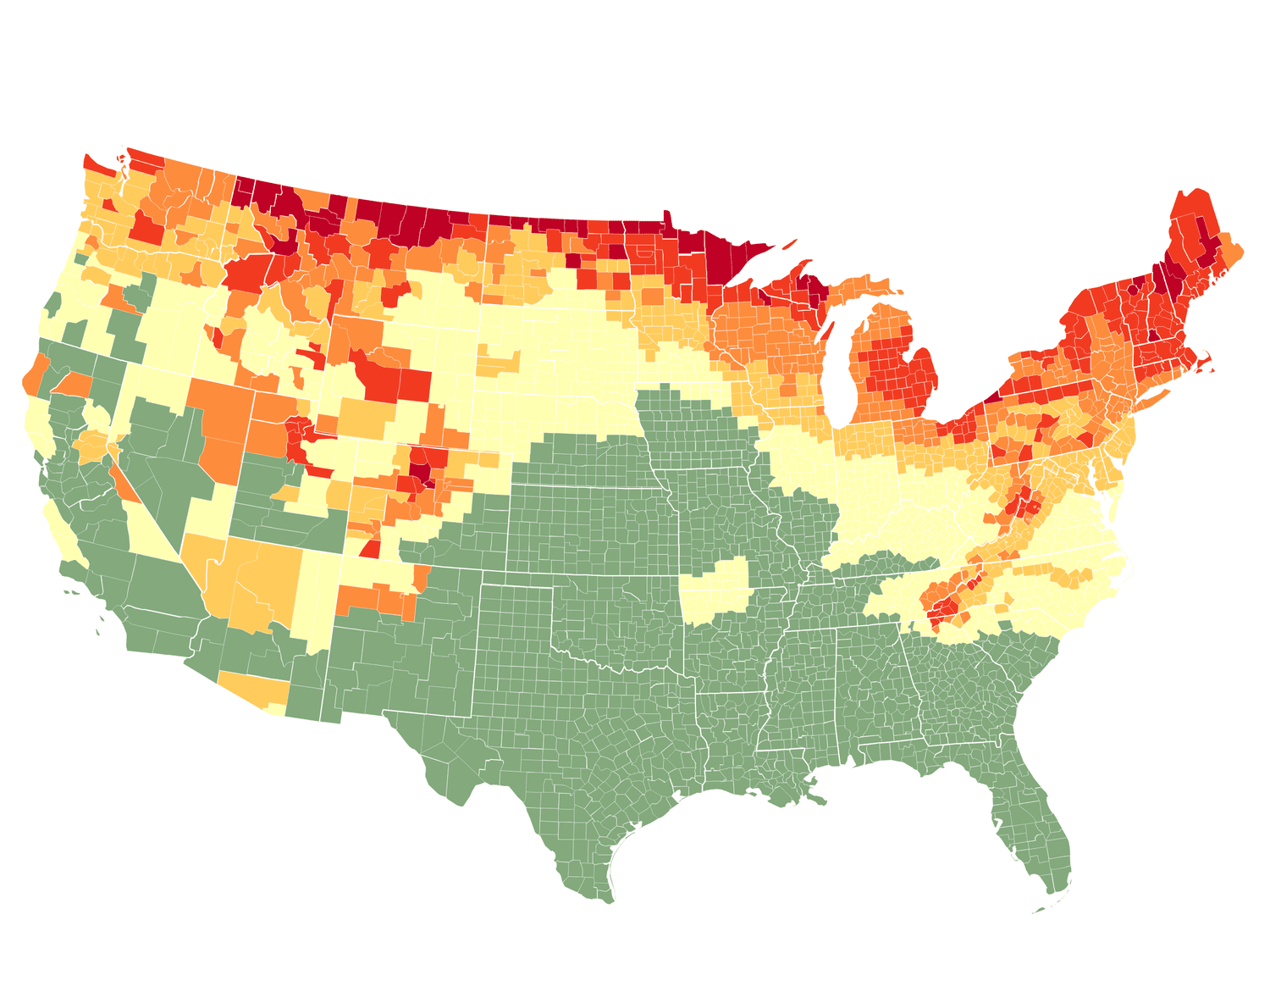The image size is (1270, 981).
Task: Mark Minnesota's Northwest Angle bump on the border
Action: click(666, 215)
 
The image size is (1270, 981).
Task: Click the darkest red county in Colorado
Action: click(418, 470)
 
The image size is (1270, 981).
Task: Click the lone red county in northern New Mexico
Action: click(370, 548)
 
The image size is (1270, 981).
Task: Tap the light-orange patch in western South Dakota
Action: click(499, 363)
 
